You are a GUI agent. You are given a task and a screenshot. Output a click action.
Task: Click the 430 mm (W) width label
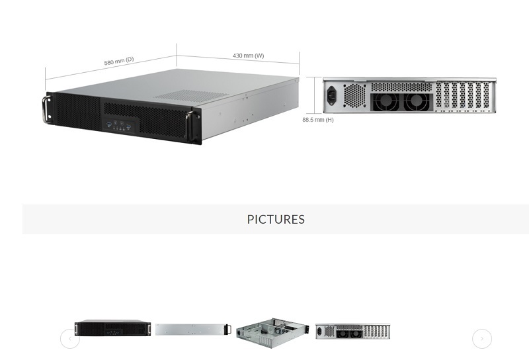248,56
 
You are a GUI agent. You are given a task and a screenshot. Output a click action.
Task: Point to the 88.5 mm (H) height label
318,120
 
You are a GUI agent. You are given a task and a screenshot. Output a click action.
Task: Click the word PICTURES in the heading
276,220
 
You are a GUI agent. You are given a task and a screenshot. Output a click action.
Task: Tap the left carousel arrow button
70,339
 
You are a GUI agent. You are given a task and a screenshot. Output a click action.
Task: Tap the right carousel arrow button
482,339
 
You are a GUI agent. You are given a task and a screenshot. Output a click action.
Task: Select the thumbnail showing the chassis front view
112,328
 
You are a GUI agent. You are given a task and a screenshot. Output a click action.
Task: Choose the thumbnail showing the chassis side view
193,329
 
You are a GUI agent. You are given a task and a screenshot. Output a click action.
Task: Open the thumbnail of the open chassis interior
272,332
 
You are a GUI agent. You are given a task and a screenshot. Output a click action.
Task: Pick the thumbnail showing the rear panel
352,332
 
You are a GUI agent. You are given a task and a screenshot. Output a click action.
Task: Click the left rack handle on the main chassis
47,109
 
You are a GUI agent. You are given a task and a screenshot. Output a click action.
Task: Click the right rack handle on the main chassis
194,126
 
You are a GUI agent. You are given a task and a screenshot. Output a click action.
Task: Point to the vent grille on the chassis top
192,95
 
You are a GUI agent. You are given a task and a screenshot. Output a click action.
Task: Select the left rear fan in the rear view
384,102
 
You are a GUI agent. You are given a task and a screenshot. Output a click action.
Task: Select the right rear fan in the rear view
417,102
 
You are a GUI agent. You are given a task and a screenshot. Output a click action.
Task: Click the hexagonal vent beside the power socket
354,95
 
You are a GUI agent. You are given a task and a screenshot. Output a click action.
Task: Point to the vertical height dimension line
316,95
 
